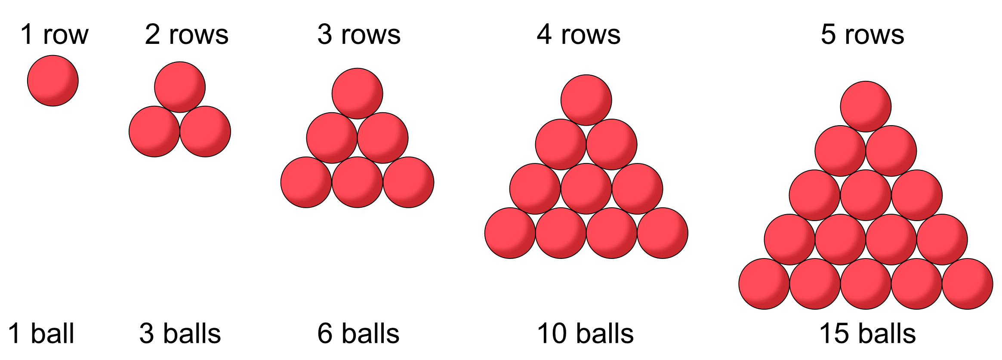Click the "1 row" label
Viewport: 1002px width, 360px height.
pos(54,34)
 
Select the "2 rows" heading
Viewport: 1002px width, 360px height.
pos(186,34)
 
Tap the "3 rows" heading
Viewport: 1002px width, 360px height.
pos(359,34)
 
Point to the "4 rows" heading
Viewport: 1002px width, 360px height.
pos(578,34)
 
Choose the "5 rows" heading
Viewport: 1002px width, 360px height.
pos(862,34)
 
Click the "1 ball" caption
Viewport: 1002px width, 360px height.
pos(41,333)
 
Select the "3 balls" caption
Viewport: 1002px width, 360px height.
pos(180,333)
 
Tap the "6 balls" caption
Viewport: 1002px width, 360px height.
pos(358,333)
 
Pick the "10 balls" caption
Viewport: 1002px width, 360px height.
pos(585,333)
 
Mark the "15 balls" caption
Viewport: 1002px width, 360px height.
pos(867,333)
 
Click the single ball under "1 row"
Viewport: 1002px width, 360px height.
pos(53,80)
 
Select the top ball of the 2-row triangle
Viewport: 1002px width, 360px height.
pos(180,87)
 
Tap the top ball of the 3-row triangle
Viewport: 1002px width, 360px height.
pos(357,93)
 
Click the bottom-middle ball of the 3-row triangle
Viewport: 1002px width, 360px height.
pos(357,182)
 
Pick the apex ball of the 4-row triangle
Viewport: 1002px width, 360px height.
pos(586,100)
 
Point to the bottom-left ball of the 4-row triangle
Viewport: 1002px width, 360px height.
pos(510,233)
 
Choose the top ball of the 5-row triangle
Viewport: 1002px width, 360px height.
pos(866,106)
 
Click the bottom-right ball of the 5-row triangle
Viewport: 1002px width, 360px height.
pos(968,284)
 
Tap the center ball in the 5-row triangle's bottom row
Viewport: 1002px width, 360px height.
pos(866,284)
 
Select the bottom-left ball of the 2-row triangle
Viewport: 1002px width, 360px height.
pos(154,132)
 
